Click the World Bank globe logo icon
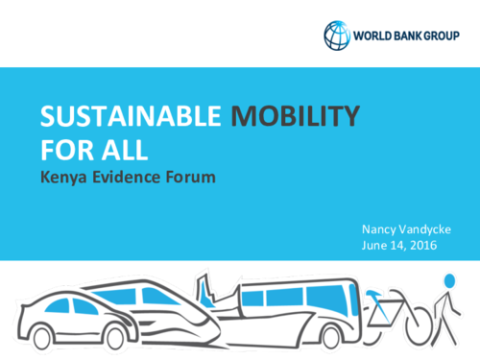337,35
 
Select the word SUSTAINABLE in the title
128,118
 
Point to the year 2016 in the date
423,245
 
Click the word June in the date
377,245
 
